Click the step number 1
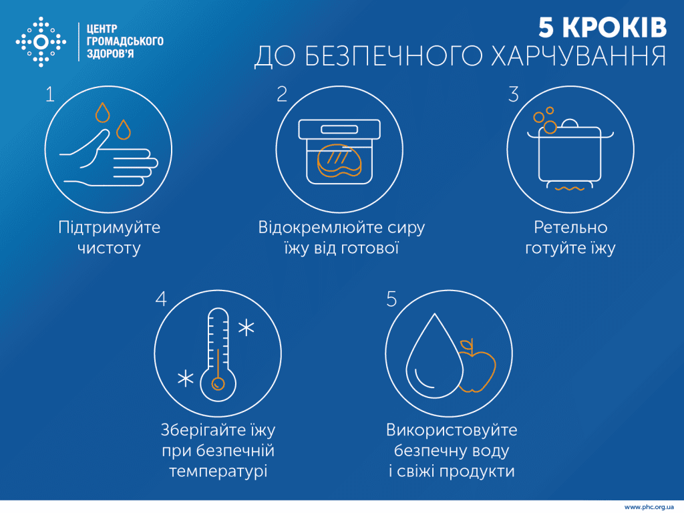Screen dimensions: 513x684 click(50, 95)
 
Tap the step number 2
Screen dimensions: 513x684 click(282, 94)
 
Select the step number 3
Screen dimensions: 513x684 click(513, 94)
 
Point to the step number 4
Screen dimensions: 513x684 click(160, 299)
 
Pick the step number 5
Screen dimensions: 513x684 click(392, 299)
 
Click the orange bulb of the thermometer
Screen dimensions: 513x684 click(217, 384)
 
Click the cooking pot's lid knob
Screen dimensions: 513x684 click(570, 124)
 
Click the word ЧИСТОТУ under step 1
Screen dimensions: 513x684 click(110, 249)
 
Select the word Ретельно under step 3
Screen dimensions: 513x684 click(570, 228)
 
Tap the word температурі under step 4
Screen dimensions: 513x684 click(218, 472)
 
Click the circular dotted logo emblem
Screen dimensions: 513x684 click(41, 42)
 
